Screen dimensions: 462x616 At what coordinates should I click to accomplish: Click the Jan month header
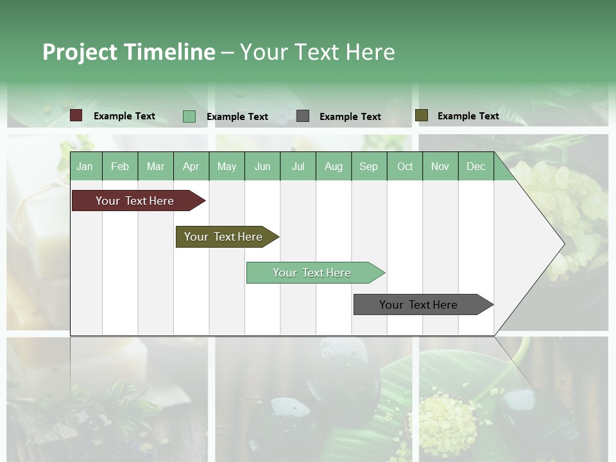tap(85, 166)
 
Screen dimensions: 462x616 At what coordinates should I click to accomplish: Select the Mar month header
tap(155, 166)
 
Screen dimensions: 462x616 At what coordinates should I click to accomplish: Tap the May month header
tap(227, 166)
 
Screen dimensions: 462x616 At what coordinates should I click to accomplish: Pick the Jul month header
tap(298, 166)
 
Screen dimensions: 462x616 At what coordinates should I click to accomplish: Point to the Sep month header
tap(368, 166)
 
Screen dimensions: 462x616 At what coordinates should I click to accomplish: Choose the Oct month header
tap(405, 166)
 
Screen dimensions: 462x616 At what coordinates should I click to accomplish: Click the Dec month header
tap(475, 166)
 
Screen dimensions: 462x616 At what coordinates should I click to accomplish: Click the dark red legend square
tap(76, 116)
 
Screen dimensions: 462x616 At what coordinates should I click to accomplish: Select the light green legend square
tap(189, 116)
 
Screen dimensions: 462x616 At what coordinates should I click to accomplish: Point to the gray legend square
tap(303, 116)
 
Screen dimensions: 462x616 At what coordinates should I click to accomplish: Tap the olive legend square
tap(422, 116)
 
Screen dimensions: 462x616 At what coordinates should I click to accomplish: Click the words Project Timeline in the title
tap(129, 52)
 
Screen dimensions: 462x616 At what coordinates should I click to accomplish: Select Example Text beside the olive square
tap(468, 116)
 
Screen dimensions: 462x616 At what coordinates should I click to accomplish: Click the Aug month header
tap(333, 166)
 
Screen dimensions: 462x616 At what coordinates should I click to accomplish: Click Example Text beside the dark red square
tap(124, 116)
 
